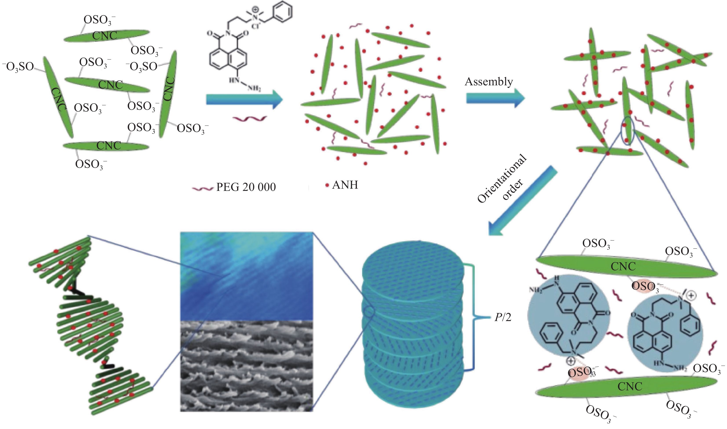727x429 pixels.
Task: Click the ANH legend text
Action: coord(345,185)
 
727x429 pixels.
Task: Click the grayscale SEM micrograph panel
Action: coord(246,366)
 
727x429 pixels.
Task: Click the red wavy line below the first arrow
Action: coord(250,119)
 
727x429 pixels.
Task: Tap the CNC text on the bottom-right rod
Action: coord(630,386)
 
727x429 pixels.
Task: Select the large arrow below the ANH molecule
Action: coord(244,99)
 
